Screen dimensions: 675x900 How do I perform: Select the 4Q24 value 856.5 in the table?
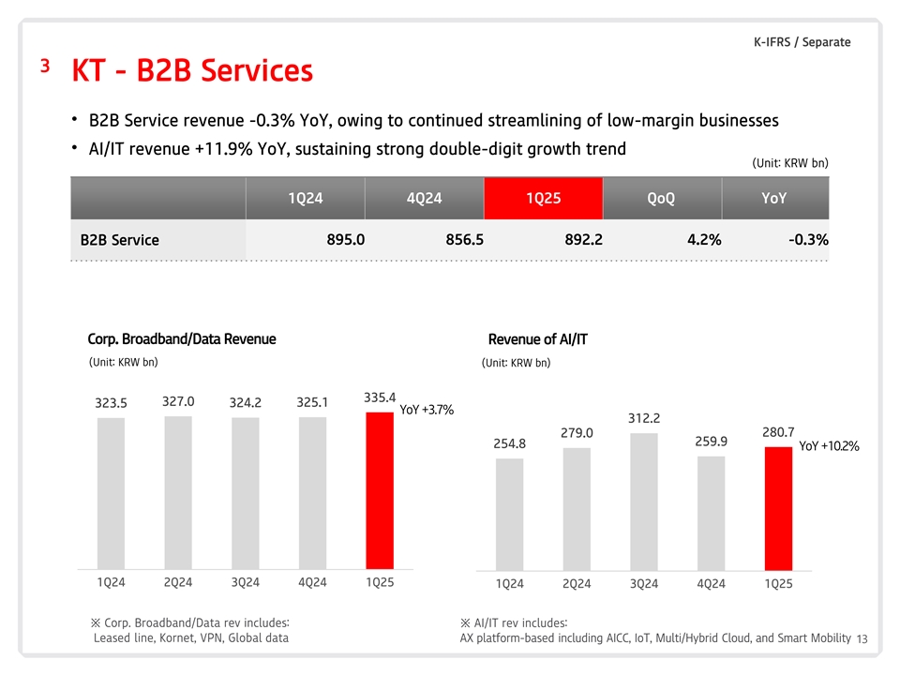pyautogui.click(x=465, y=239)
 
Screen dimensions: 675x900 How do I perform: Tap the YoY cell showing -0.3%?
pyautogui.click(x=808, y=239)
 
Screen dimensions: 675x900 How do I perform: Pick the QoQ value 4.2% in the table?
pyautogui.click(x=703, y=239)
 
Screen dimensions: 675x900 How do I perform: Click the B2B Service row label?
pyautogui.click(x=120, y=240)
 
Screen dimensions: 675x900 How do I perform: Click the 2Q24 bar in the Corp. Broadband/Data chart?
pyautogui.click(x=178, y=492)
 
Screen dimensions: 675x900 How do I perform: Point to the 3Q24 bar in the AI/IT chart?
pyautogui.click(x=644, y=502)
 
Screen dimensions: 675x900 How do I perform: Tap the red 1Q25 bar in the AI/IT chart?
pyautogui.click(x=778, y=508)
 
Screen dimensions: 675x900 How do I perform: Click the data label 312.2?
pyautogui.click(x=644, y=418)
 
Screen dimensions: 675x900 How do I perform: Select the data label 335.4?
pyautogui.click(x=380, y=397)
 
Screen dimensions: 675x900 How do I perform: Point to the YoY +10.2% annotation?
pyautogui.click(x=829, y=446)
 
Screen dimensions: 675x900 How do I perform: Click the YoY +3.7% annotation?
pyautogui.click(x=427, y=410)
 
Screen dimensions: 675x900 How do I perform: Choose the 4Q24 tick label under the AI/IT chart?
pyautogui.click(x=712, y=584)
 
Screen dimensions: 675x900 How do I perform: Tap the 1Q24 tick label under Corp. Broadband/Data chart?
pyautogui.click(x=111, y=582)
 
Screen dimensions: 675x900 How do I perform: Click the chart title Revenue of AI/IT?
pyautogui.click(x=537, y=339)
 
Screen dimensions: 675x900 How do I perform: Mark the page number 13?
pyautogui.click(x=862, y=639)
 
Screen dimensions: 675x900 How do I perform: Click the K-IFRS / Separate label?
pyautogui.click(x=802, y=42)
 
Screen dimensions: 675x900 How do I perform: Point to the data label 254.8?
pyautogui.click(x=509, y=443)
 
